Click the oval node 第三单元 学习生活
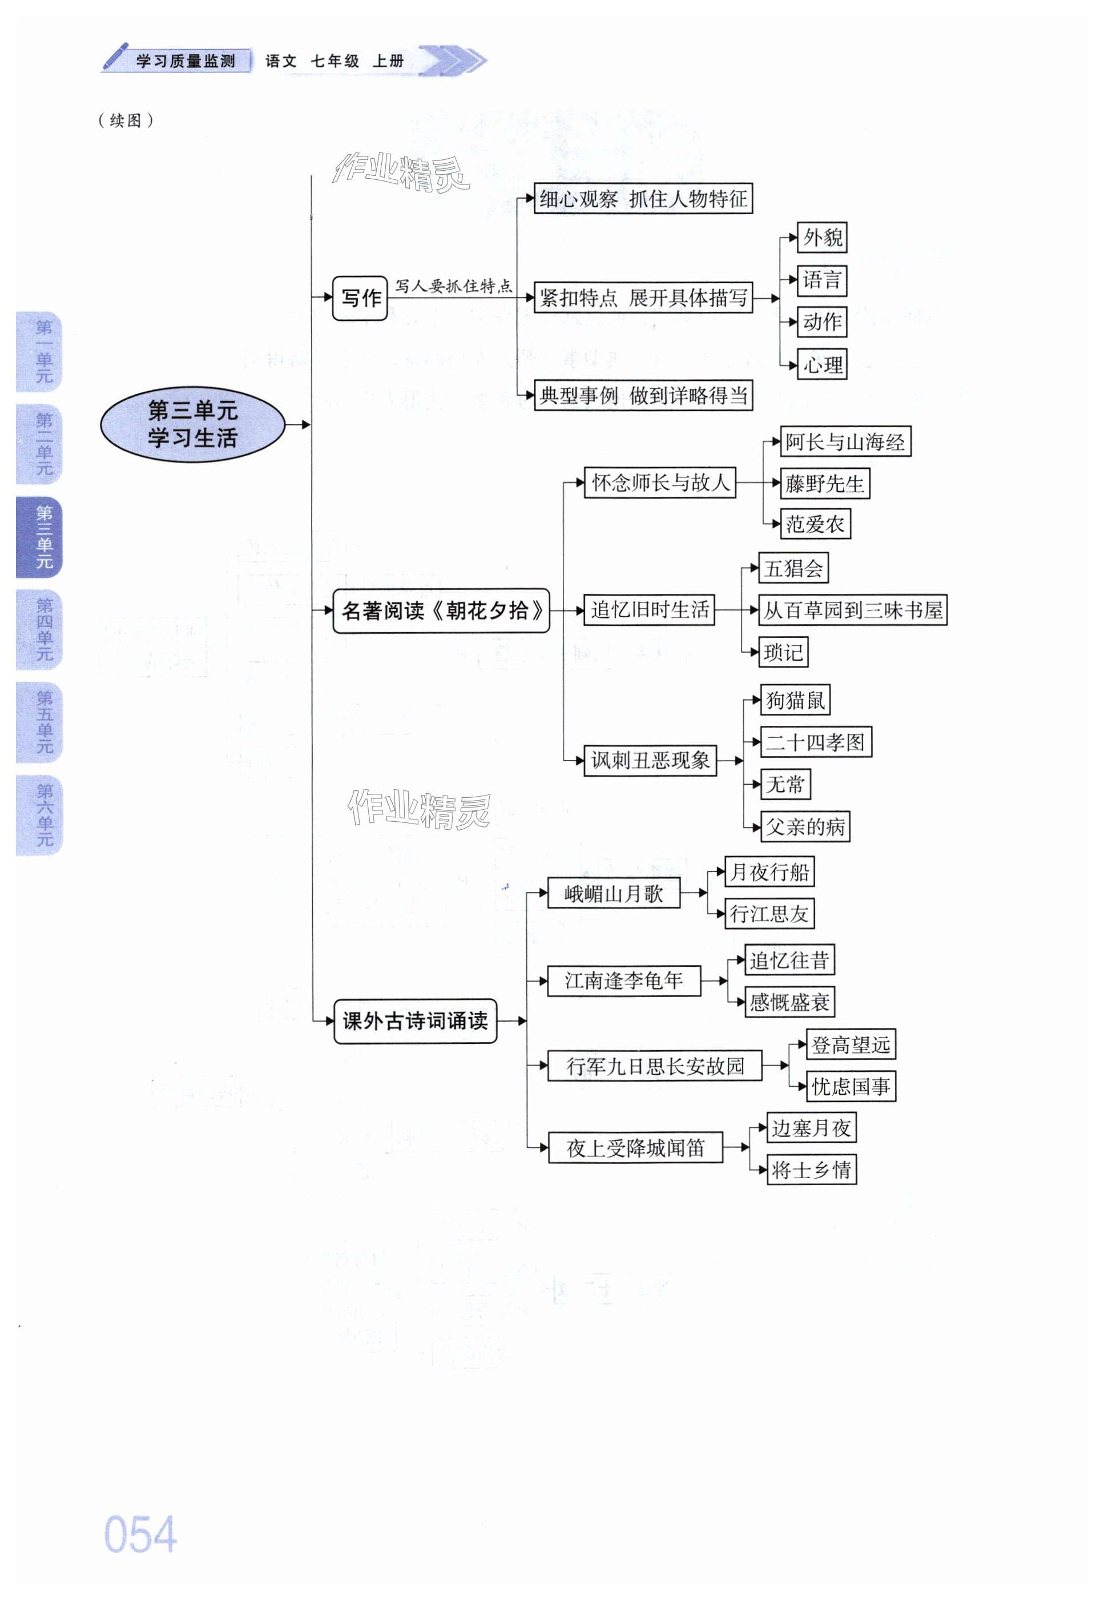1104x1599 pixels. tap(192, 424)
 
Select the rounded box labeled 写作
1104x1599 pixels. tap(360, 298)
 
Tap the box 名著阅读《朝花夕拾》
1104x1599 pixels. tap(441, 610)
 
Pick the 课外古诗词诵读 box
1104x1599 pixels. tap(415, 1021)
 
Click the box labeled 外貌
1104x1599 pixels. tap(822, 238)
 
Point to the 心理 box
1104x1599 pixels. tap(822, 365)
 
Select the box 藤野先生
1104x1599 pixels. tap(824, 484)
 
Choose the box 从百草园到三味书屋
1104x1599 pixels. tap(852, 610)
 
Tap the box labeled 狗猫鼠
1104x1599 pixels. tap(796, 700)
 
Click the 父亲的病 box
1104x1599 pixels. tap(805, 827)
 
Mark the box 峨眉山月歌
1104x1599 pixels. tap(614, 893)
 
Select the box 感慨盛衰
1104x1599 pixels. tap(789, 1002)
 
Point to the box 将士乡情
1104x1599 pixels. tap(811, 1170)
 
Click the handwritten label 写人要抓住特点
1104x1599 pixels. tap(454, 286)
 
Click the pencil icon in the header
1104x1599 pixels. tap(115, 57)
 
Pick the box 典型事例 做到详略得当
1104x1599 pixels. tap(643, 396)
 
